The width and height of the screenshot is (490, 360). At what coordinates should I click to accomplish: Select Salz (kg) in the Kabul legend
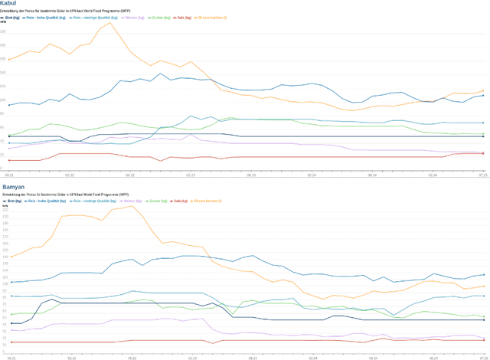tap(184, 17)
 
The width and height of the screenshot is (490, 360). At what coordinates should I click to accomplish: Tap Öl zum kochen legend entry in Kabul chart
tap(209, 17)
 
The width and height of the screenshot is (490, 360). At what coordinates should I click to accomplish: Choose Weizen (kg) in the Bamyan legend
tap(132, 201)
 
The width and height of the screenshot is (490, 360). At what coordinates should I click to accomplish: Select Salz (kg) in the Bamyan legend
tap(180, 201)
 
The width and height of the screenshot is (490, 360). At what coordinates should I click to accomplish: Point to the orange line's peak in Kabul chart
tap(109, 22)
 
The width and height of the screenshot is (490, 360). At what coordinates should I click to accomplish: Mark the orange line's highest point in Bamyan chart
tap(132, 205)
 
